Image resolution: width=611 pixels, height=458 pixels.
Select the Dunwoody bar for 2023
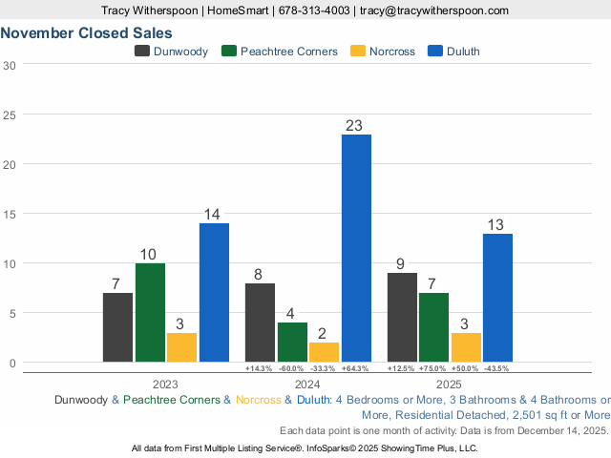point(117,327)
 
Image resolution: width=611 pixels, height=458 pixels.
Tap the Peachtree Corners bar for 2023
point(150,312)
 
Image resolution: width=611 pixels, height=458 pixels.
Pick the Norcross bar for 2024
point(324,352)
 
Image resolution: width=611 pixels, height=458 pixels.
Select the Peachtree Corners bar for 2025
point(434,327)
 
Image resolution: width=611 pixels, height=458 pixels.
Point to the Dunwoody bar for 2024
point(260,323)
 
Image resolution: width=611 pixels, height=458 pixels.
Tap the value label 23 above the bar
point(356,125)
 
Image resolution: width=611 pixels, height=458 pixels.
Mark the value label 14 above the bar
point(214,214)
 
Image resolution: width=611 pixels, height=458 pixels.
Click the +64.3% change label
point(356,368)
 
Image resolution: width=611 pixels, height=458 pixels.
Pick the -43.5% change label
point(497,368)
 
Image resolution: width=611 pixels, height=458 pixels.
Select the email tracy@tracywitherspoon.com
point(433,10)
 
